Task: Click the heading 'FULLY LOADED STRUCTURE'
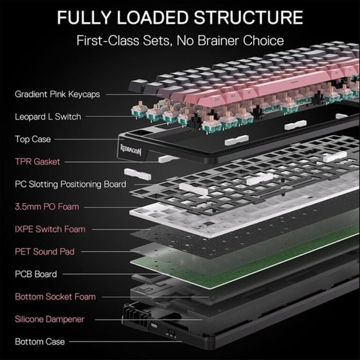[x=180, y=17]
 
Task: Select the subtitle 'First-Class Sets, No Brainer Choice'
[x=180, y=40]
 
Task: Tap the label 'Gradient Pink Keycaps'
[x=57, y=94]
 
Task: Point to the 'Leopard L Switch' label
[x=48, y=116]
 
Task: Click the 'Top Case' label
[x=33, y=139]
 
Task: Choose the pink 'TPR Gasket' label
[x=38, y=161]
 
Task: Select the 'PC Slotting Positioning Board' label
[x=71, y=184]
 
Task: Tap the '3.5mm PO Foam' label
[x=47, y=206]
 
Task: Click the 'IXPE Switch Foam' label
[x=50, y=229]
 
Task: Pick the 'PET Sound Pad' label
[x=45, y=251]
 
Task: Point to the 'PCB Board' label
[x=36, y=274]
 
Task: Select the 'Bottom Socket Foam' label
[x=55, y=296]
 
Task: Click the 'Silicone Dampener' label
[x=50, y=319]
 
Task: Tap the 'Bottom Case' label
[x=40, y=341]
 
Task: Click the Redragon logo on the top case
[x=131, y=150]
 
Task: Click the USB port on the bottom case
[x=154, y=325]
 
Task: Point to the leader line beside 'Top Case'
[x=89, y=139]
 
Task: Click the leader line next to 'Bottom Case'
[x=126, y=341]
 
